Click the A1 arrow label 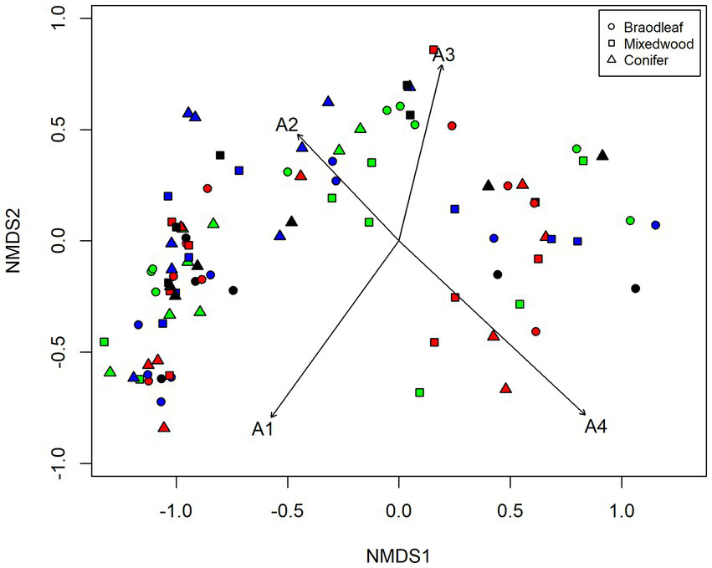[x=262, y=429]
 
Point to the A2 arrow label [x=286, y=125]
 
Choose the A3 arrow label [x=443, y=56]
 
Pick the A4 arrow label [x=595, y=427]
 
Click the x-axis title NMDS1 [x=399, y=553]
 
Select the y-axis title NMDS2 [x=23, y=241]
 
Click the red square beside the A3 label [x=433, y=50]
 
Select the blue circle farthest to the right [x=656, y=225]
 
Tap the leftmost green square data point [x=104, y=342]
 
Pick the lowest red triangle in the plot [x=164, y=427]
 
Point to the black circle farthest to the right [x=635, y=289]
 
